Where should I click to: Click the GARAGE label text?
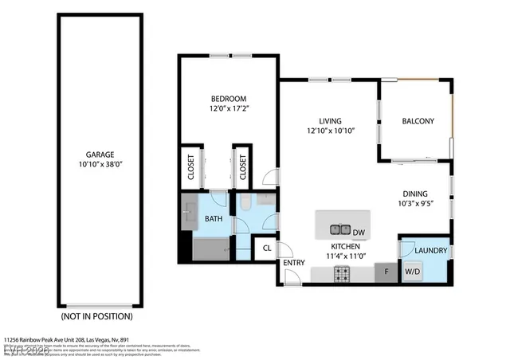click(100, 155)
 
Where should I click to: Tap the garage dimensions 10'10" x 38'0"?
click(100, 165)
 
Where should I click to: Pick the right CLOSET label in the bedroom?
click(243, 167)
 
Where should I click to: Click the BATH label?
click(214, 217)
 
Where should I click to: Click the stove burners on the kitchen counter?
click(341, 274)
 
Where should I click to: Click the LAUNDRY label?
click(430, 252)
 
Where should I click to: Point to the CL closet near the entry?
click(266, 248)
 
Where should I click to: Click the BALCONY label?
click(418, 121)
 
